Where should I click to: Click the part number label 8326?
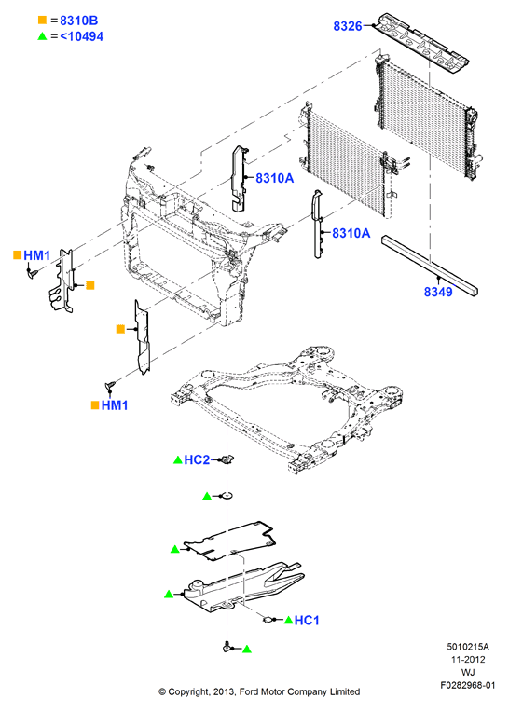point(348,26)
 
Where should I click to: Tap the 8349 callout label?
point(438,292)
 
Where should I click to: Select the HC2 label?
point(197,460)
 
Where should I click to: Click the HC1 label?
point(307,621)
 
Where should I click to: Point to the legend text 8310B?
point(78,21)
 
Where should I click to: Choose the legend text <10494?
point(82,36)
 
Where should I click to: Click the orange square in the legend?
point(42,20)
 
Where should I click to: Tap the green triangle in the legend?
point(42,35)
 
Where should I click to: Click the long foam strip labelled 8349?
point(430,266)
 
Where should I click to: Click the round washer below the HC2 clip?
point(227,496)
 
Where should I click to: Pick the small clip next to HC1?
point(268,619)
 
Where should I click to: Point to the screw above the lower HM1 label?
point(110,386)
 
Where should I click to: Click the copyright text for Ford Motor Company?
point(259,692)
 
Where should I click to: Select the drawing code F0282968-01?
point(468,685)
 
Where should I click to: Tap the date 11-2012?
point(468,659)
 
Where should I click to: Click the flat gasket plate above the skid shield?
point(228,540)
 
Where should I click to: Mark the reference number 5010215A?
point(468,647)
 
